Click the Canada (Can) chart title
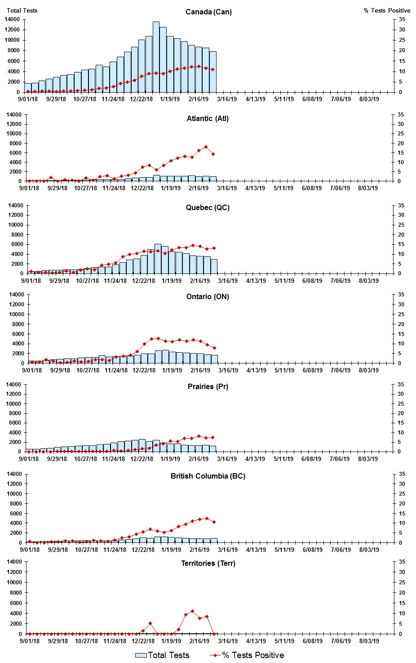[x=208, y=12]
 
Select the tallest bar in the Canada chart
[x=156, y=57]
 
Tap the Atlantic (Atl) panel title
[x=208, y=119]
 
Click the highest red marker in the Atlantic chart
[x=206, y=147]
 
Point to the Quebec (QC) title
[x=208, y=208]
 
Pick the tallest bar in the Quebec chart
[x=158, y=259]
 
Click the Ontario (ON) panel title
[x=208, y=297]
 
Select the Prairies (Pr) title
[x=208, y=387]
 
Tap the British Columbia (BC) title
[x=208, y=476]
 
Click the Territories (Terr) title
[x=208, y=564]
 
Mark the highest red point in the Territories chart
[x=193, y=611]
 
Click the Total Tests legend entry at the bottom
[x=163, y=655]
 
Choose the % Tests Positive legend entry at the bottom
[x=247, y=655]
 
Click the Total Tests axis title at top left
[x=22, y=10]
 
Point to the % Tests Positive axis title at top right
[x=387, y=10]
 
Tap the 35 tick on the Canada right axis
[x=402, y=19]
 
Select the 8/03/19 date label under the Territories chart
[x=369, y=641]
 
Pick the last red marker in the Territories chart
[x=214, y=634]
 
